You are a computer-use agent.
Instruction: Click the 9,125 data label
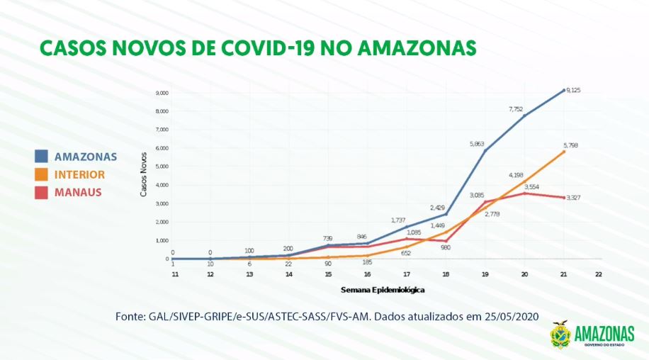click(573, 90)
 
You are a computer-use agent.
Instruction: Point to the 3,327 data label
click(574, 197)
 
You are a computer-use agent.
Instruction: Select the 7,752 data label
click(517, 108)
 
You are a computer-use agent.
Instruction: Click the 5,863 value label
click(477, 143)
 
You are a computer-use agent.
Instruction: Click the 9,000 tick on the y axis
click(162, 93)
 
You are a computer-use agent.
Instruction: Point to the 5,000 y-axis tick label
click(162, 167)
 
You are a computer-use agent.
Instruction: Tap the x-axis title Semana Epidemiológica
click(383, 290)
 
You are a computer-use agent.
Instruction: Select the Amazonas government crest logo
click(560, 334)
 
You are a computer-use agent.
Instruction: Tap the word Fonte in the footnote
click(130, 317)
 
